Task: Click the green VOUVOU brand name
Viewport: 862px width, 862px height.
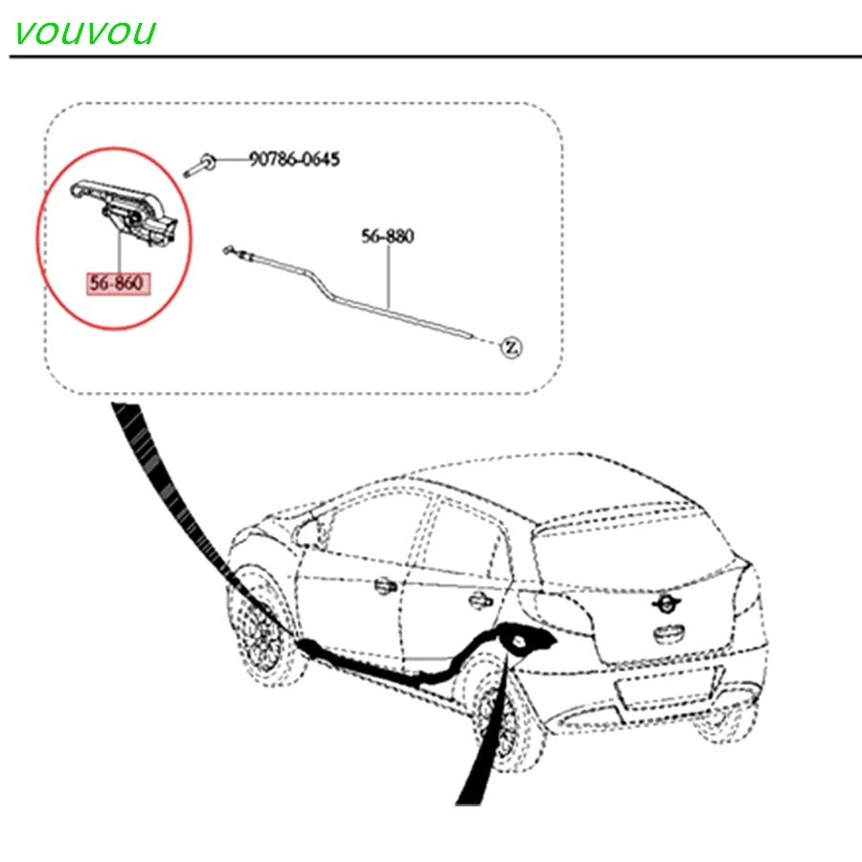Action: pyautogui.click(x=84, y=33)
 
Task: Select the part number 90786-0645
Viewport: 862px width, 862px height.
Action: pyautogui.click(x=294, y=159)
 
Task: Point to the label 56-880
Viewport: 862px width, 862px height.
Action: pyautogui.click(x=388, y=236)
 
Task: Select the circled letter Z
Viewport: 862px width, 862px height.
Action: pyautogui.click(x=510, y=346)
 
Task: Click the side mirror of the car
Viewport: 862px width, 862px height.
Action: pyautogui.click(x=311, y=528)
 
